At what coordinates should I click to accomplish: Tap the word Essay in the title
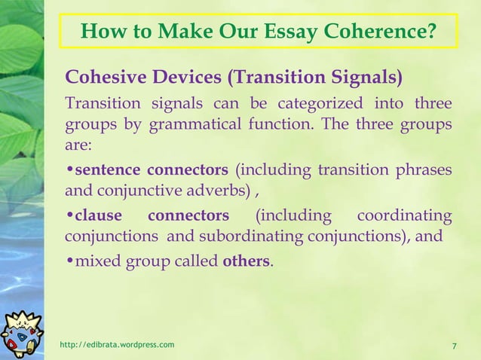[286, 33]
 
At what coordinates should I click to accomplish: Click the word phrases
[427, 168]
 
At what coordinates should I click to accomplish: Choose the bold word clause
[97, 217]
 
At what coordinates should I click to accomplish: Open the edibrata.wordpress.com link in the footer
[117, 345]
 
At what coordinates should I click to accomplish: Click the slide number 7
[454, 346]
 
